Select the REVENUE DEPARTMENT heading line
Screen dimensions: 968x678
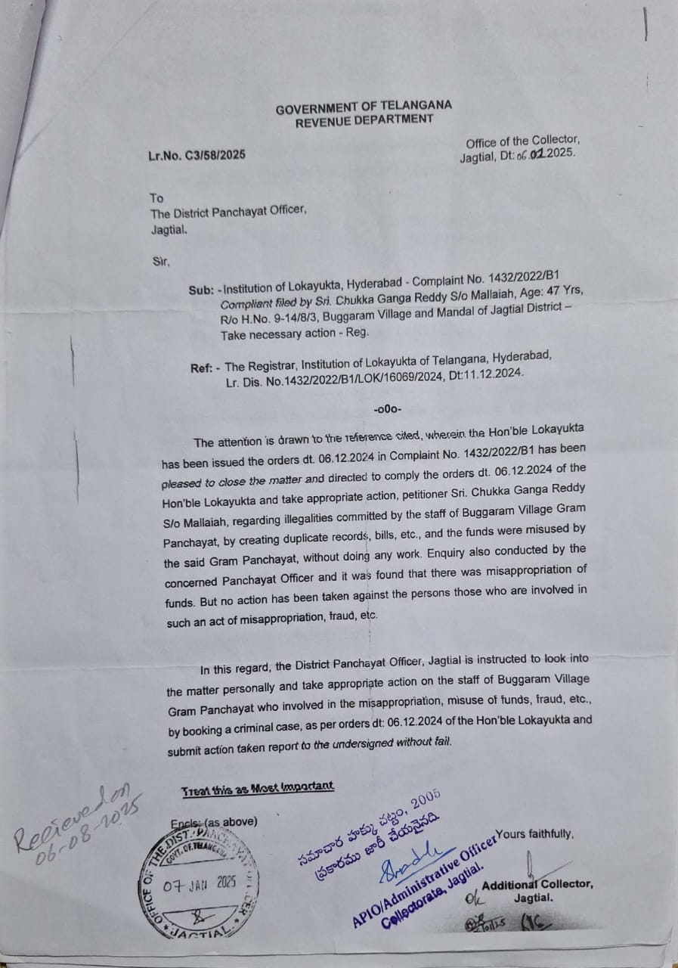(364, 119)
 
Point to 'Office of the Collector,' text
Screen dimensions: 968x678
(522, 141)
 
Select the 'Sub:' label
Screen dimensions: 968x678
(202, 290)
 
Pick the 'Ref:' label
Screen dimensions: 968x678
(203, 368)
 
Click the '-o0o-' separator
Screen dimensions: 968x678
(388, 409)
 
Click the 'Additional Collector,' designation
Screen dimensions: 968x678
(537, 885)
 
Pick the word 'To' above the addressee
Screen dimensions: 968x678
(156, 198)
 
